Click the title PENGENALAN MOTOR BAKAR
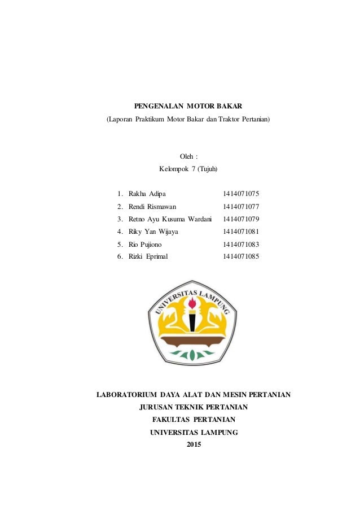(x=188, y=106)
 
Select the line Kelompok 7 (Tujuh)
(x=188, y=169)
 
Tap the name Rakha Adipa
(x=147, y=194)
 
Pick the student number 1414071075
(x=241, y=194)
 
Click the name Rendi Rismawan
(x=152, y=207)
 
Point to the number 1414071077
(x=241, y=207)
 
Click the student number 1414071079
(x=241, y=219)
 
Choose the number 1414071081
(x=241, y=232)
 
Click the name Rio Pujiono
(x=145, y=245)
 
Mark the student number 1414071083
(x=241, y=245)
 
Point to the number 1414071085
(x=241, y=256)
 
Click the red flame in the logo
(x=192, y=303)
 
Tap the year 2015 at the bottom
(x=193, y=445)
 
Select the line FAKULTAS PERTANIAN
(x=194, y=420)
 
